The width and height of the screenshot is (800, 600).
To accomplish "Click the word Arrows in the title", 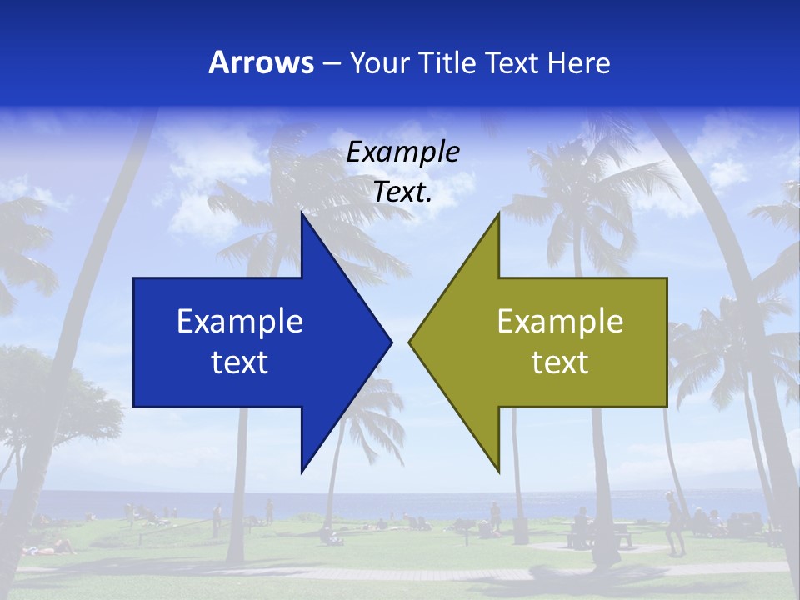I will pyautogui.click(x=262, y=62).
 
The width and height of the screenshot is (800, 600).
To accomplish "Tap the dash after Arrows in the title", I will pyautogui.click(x=332, y=63).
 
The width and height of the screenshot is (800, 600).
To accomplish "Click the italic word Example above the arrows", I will pyautogui.click(x=402, y=152).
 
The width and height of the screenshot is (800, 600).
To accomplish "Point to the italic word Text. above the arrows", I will pyautogui.click(x=402, y=192).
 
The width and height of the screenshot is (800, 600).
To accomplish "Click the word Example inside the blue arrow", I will pyautogui.click(x=240, y=321).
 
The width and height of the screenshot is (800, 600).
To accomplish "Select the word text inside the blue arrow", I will pyautogui.click(x=240, y=362).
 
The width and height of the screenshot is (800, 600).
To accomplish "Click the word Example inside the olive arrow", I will pyautogui.click(x=560, y=321).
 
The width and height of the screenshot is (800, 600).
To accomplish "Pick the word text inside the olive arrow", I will pyautogui.click(x=560, y=362).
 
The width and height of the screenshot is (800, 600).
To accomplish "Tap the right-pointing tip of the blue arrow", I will pyautogui.click(x=390, y=342).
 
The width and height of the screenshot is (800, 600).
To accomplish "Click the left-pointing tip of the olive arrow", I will pyautogui.click(x=411, y=342).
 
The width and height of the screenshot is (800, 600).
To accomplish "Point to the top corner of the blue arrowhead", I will pyautogui.click(x=302, y=215).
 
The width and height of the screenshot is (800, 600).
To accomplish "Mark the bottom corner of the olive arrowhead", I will pyautogui.click(x=498, y=470).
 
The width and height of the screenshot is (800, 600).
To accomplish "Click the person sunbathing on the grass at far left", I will pyautogui.click(x=50, y=547).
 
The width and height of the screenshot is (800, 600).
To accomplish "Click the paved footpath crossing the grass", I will pyautogui.click(x=400, y=574).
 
